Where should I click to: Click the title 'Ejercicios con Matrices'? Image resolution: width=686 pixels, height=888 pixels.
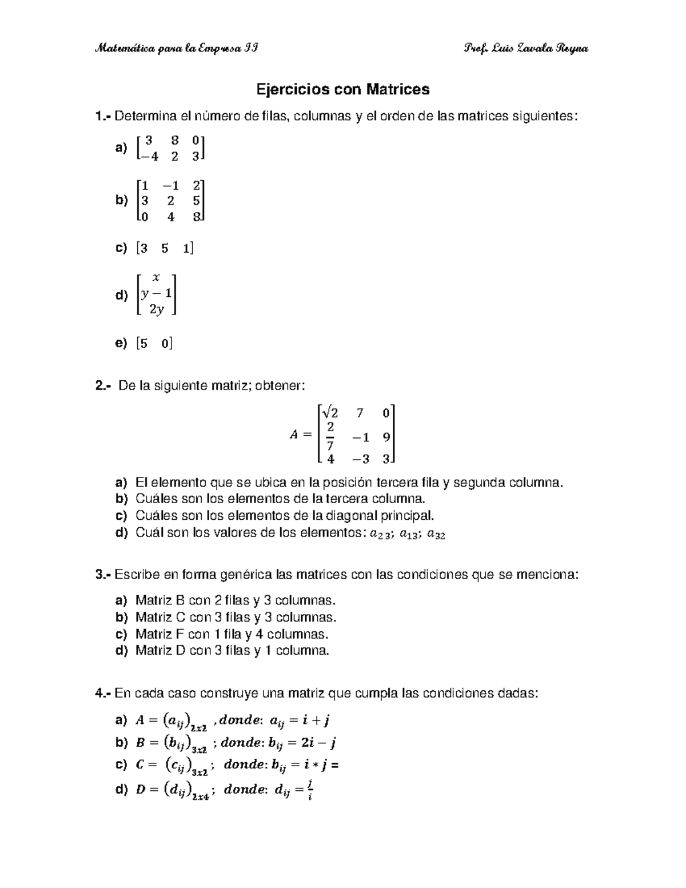click(x=342, y=89)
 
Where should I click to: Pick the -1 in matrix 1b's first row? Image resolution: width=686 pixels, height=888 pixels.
click(x=170, y=185)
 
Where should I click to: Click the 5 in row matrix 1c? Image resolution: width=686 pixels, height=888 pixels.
click(x=165, y=248)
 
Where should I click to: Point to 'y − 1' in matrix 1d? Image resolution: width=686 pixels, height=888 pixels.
click(x=156, y=293)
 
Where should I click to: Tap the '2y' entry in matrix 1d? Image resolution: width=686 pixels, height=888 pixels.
click(x=156, y=309)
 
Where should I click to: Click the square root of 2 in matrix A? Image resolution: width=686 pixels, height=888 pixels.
click(x=330, y=412)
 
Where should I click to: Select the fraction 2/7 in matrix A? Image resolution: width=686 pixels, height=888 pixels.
click(x=330, y=436)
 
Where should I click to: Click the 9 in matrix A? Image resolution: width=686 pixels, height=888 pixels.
click(x=386, y=437)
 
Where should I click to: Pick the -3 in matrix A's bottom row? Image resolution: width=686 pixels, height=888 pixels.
click(x=360, y=459)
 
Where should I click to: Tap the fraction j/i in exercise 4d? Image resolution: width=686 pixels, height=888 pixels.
click(x=309, y=790)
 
